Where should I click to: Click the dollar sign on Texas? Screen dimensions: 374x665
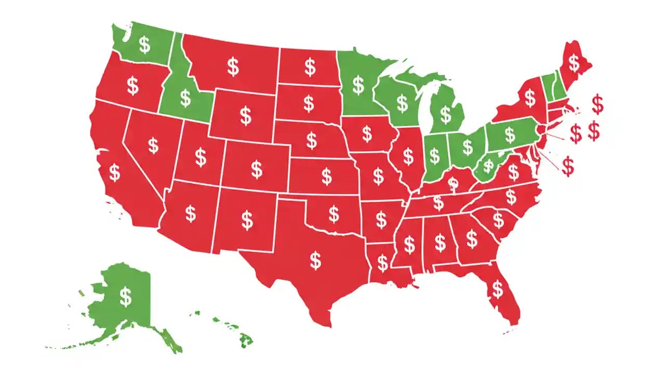(315, 260)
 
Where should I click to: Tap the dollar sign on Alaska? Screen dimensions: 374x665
(126, 296)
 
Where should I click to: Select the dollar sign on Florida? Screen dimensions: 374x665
(498, 289)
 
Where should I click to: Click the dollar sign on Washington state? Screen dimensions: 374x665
(144, 45)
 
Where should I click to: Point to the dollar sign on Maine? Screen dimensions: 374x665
(574, 63)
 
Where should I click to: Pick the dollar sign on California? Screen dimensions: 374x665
(114, 172)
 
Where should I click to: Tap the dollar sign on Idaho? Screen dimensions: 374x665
(185, 98)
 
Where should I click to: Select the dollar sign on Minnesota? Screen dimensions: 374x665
(358, 84)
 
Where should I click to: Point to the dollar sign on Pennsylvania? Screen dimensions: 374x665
(510, 135)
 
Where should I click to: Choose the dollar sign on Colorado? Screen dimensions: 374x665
(257, 169)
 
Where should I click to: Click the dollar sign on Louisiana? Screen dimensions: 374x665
(383, 263)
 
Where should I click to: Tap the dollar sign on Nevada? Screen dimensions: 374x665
(153, 145)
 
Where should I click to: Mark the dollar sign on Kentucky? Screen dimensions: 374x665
(453, 183)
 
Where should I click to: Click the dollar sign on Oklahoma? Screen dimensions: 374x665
(334, 213)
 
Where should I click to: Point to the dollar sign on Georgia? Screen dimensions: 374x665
(472, 239)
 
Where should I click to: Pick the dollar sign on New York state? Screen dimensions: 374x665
(529, 97)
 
